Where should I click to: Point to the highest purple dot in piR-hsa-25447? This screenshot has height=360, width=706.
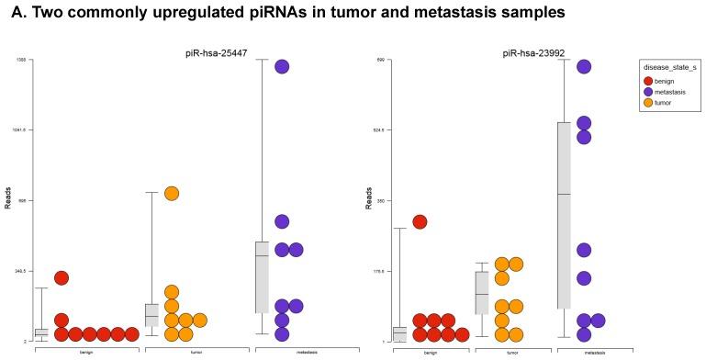pyautogui.click(x=282, y=66)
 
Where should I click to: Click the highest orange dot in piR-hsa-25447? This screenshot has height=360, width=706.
pyautogui.click(x=172, y=193)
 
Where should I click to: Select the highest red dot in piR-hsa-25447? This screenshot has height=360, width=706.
pyautogui.click(x=62, y=277)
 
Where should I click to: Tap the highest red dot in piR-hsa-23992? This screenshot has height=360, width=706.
pyautogui.click(x=420, y=221)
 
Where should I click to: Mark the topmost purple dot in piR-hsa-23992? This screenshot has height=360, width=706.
pyautogui.click(x=584, y=66)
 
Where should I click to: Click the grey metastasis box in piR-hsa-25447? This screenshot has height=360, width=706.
pyautogui.click(x=262, y=277)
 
